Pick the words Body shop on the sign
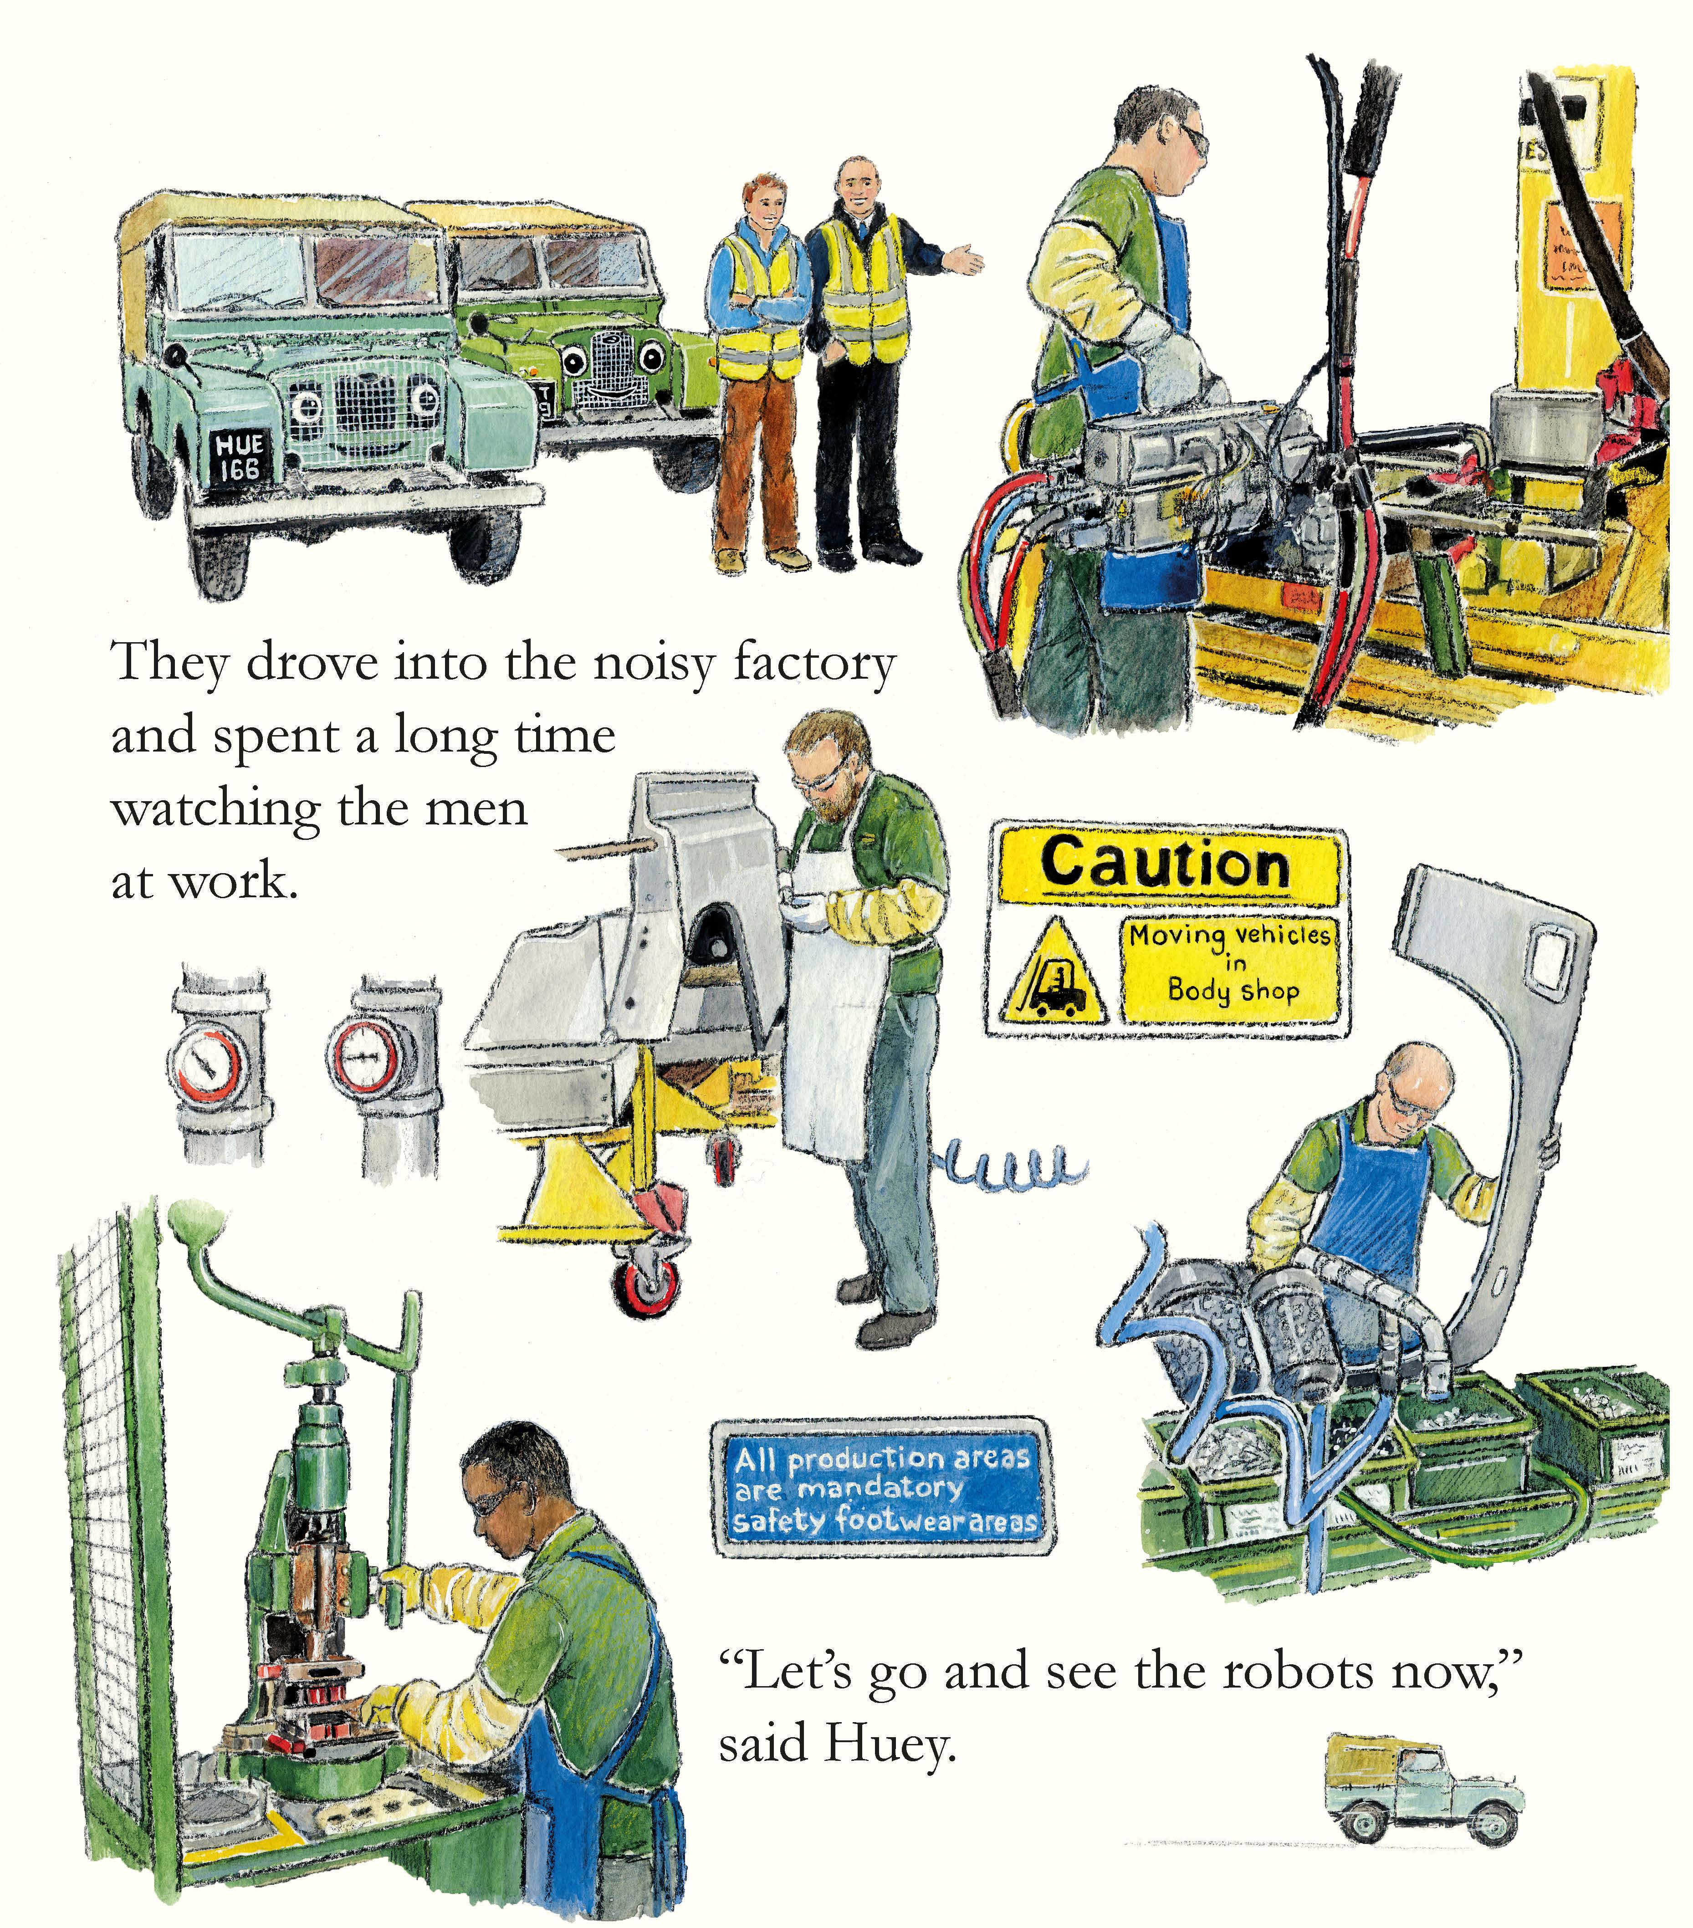1233,990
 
